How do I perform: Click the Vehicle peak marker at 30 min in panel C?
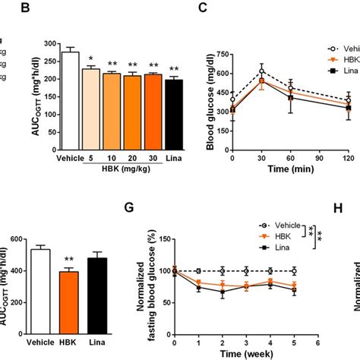261,71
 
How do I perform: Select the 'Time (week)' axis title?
251,352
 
